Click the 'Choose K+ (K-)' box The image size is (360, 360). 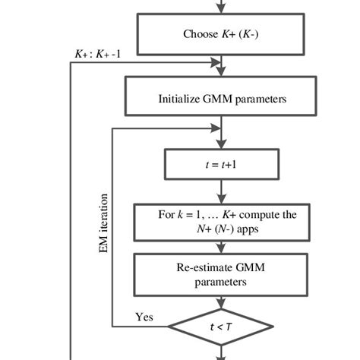pos(221,34)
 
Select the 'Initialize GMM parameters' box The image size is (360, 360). pos(221,98)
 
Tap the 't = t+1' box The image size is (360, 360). pos(221,163)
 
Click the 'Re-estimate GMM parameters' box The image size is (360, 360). pos(221,274)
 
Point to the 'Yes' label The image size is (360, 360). pos(144,317)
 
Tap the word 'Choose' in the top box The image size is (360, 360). pos(199,34)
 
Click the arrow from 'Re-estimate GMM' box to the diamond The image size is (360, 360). pos(221,302)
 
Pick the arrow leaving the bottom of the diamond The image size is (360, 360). pos(221,353)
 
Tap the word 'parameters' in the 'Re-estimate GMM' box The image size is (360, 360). pos(221,281)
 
